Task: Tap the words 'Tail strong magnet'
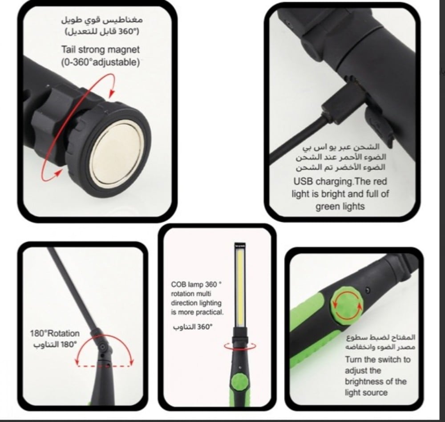[101, 49]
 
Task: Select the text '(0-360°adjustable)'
[101, 62]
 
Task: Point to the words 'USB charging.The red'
[340, 181]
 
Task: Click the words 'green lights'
[340, 206]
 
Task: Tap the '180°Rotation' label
[55, 333]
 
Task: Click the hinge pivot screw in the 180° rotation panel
[102, 347]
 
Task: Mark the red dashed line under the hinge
[104, 366]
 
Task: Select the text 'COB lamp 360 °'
[196, 284]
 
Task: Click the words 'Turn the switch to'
[378, 360]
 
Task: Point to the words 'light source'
[366, 393]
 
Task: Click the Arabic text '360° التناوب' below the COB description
[193, 327]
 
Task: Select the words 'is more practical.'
[197, 312]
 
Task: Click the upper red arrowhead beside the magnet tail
[112, 93]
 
